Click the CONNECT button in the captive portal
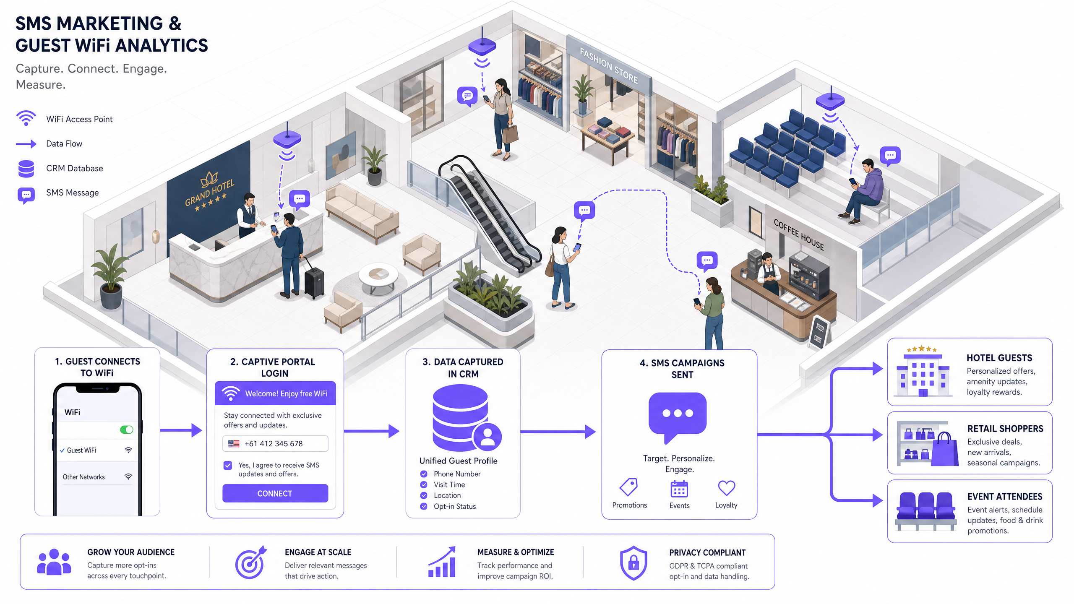(275, 493)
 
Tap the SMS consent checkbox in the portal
(228, 465)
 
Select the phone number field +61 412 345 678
(275, 443)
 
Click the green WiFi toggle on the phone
(126, 430)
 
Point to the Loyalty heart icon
(726, 488)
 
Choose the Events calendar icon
(679, 489)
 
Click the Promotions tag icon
(628, 487)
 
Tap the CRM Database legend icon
(26, 169)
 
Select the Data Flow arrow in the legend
(26, 144)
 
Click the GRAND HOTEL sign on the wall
(210, 191)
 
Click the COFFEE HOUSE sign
(798, 235)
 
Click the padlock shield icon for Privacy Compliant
(633, 563)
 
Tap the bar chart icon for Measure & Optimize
(442, 562)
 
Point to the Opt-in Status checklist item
(455, 506)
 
